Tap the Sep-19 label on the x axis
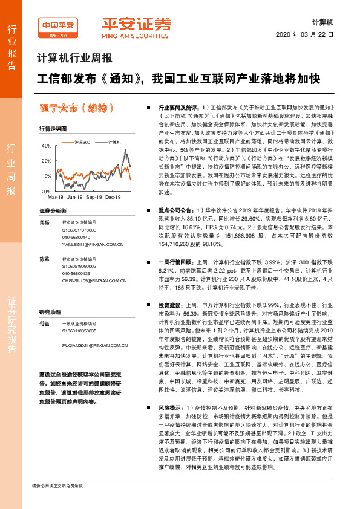(94, 198)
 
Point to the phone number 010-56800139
(76, 273)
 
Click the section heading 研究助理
(50, 313)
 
